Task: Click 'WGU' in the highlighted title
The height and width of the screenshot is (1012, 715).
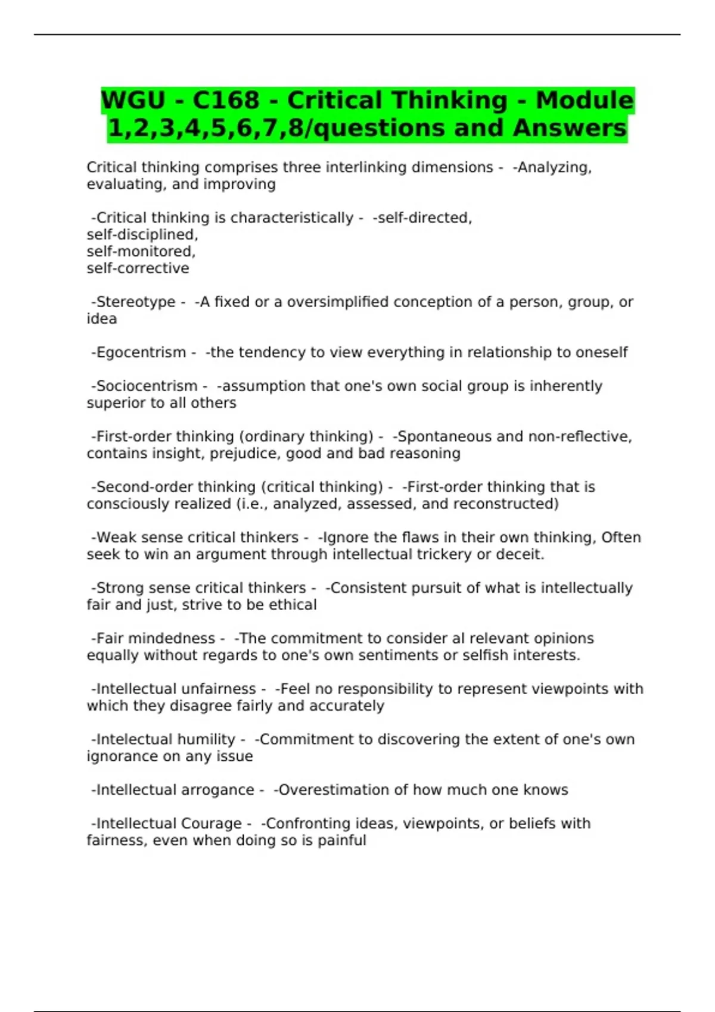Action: (x=133, y=100)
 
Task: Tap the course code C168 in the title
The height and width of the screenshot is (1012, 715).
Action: (x=226, y=100)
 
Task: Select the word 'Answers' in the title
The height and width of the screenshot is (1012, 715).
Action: (x=570, y=128)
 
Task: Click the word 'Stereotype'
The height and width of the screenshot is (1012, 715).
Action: (x=136, y=302)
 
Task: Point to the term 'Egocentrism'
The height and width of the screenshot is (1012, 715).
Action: (x=141, y=352)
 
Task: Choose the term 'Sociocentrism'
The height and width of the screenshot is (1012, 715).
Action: (x=147, y=386)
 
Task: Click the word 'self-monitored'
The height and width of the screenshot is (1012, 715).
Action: (x=140, y=251)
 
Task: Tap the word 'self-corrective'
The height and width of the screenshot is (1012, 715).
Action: (x=138, y=268)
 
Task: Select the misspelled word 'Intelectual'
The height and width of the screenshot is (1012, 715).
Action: (x=135, y=739)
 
